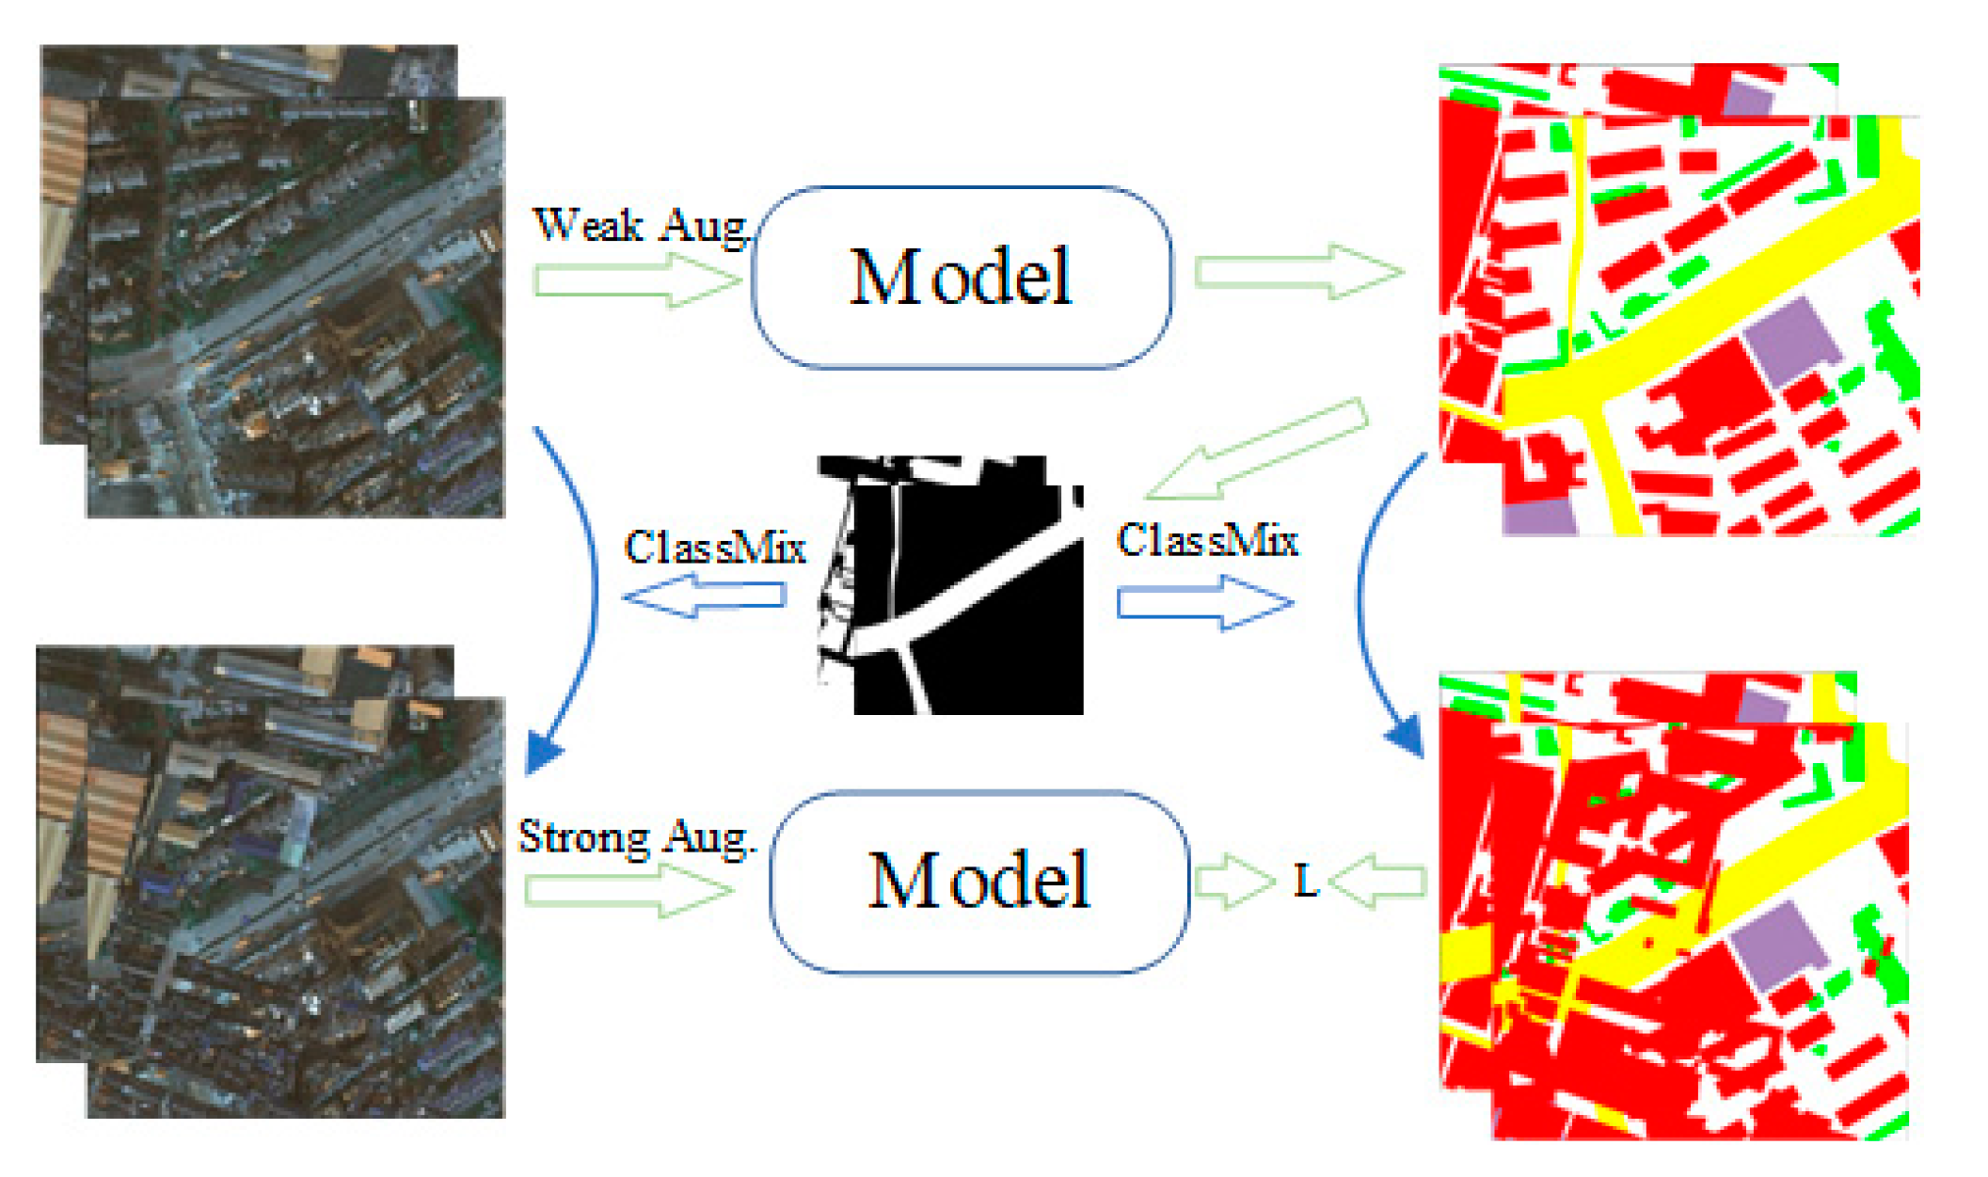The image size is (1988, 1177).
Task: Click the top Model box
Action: [962, 277]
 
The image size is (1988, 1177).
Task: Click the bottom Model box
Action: [978, 881]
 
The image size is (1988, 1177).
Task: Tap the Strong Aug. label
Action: [637, 836]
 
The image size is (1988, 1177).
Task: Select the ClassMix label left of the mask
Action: [715, 548]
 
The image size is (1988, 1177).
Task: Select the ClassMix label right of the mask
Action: [1207, 541]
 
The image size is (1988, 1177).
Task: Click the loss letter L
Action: [1306, 882]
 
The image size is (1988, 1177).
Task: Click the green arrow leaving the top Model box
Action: [1298, 272]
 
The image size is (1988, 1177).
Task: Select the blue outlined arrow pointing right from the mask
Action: [1205, 602]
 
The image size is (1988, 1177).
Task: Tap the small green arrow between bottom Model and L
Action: [1233, 882]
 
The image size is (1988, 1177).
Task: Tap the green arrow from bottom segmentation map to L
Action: [1378, 882]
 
